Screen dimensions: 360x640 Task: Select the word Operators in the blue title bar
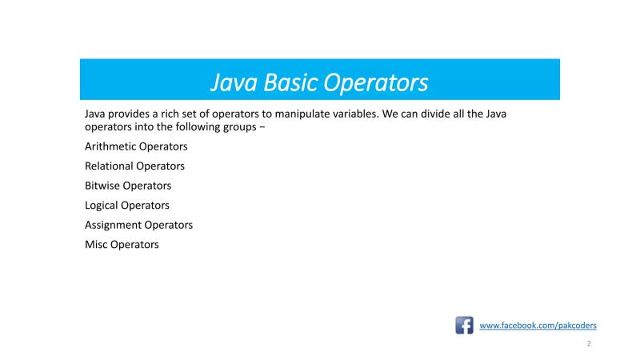point(377,82)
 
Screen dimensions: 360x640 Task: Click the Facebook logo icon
point(464,326)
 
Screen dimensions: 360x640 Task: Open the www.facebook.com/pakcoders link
point(538,326)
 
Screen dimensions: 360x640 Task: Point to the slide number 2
point(589,344)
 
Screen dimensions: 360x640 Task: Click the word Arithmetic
point(110,147)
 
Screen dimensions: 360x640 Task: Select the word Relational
point(109,166)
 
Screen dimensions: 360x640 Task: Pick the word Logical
point(102,206)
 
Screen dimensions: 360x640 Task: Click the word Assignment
point(113,225)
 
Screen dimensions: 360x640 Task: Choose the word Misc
point(96,245)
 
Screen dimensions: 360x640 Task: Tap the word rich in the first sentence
point(165,114)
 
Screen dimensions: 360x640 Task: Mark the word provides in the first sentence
point(130,114)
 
